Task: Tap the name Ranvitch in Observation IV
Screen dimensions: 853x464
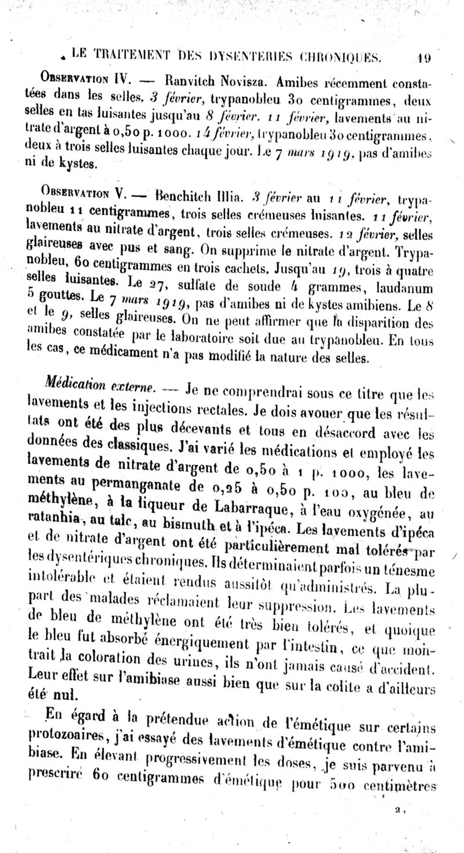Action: coord(190,79)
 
